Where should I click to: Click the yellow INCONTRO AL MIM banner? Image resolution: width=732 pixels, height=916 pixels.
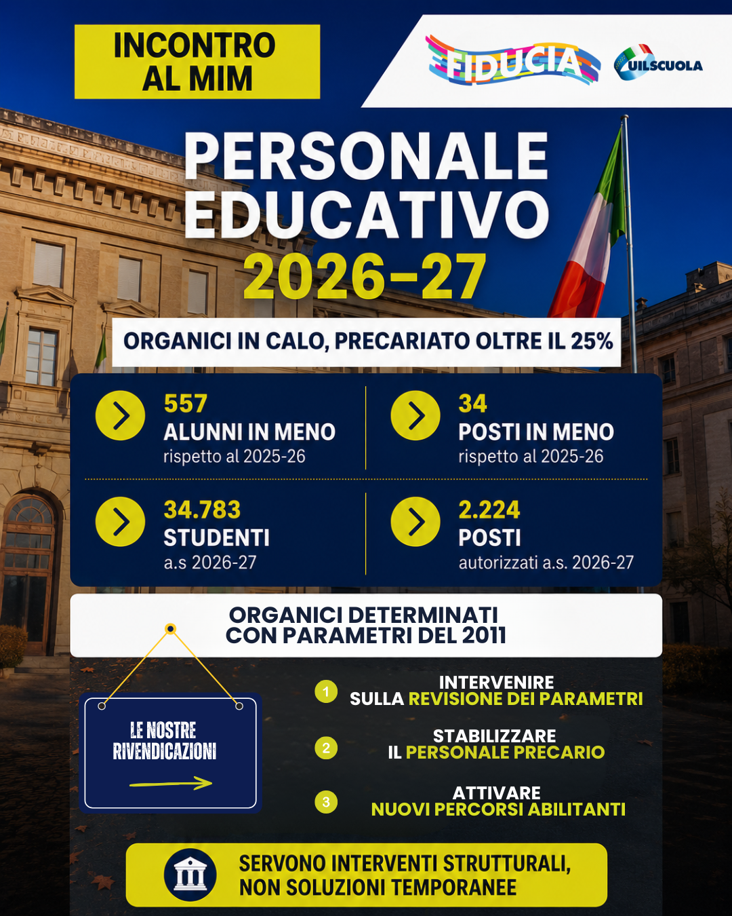pos(197,61)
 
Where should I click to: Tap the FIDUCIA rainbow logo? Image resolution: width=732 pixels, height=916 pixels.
pos(512,61)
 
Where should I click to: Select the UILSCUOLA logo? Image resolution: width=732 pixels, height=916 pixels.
pos(657,62)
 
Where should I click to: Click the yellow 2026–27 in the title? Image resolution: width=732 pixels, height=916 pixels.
pos(365,277)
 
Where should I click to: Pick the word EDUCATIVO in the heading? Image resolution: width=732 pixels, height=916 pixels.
pos(367,214)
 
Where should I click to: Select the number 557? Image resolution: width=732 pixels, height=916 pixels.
pos(186,404)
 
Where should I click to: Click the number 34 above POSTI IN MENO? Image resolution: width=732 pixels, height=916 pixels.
pos(472,404)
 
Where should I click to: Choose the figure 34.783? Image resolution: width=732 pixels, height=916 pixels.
pos(202,510)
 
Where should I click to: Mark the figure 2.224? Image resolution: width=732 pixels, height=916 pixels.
pos(489,510)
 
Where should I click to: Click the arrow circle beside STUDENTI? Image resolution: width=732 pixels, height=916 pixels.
pos(120,521)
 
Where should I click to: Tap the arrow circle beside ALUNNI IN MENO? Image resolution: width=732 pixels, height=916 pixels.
pos(120,415)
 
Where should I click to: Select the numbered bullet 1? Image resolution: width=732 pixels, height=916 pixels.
pos(326,691)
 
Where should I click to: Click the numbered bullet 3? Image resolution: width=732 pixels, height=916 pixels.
pos(326,802)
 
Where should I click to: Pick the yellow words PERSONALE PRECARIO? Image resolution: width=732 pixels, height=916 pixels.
pos(506,752)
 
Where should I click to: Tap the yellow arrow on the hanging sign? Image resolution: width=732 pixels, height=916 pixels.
pos(171,783)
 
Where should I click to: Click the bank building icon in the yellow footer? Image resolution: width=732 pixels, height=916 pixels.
pos(190,875)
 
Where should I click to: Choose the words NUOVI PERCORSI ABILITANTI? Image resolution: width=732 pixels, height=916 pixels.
pos(498,809)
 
